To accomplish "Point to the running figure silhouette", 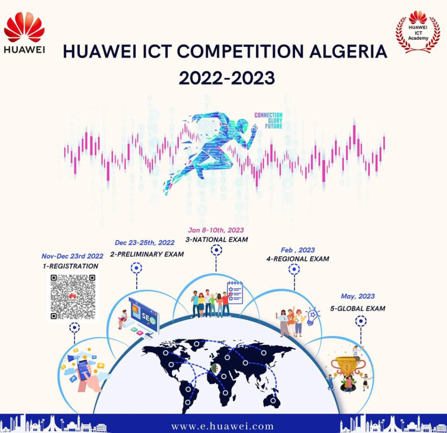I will pos(210,148).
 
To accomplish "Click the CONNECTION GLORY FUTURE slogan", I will pos(268,121).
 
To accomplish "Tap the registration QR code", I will pos(72,297).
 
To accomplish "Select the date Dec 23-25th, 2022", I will pos(144,243).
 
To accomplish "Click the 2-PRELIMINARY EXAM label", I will pos(147,254).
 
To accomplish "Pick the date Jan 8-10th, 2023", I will pos(216,230).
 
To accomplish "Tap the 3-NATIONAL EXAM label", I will pos(216,240).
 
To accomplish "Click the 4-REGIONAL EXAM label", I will pos(298,259).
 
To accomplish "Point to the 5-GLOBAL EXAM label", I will pos(358,308).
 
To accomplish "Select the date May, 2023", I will pos(358,296).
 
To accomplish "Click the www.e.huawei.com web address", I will pos(223,426).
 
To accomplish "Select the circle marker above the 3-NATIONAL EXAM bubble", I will pos(217,250).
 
